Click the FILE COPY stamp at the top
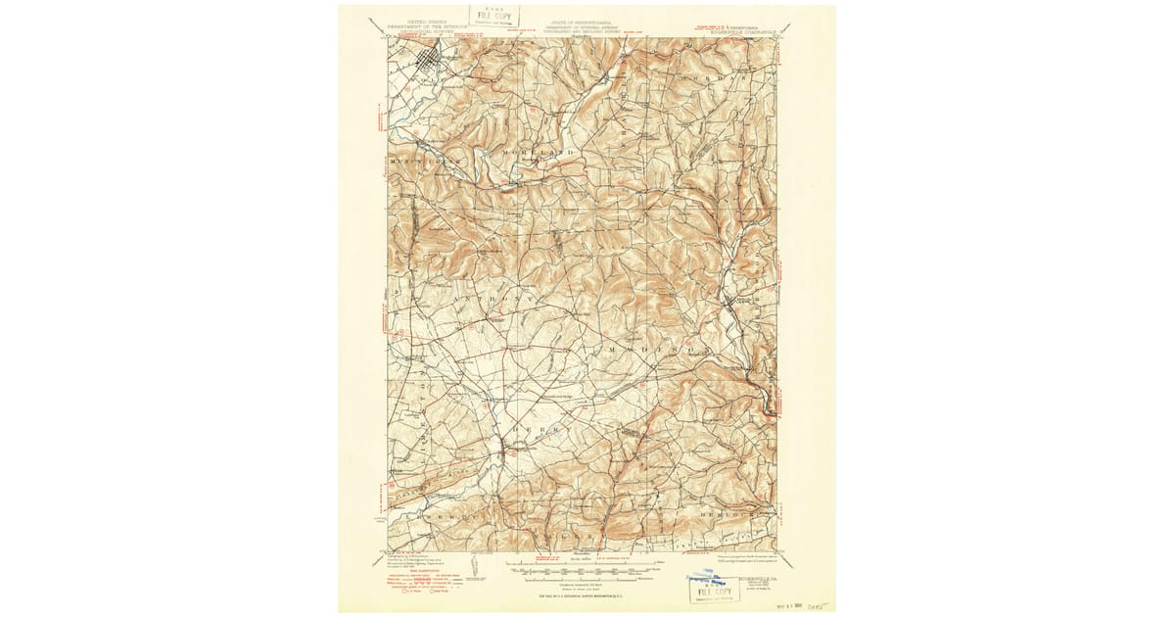pyautogui.click(x=493, y=17)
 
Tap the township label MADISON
pyautogui.click(x=651, y=349)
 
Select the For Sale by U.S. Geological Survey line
pyautogui.click(x=586, y=595)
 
